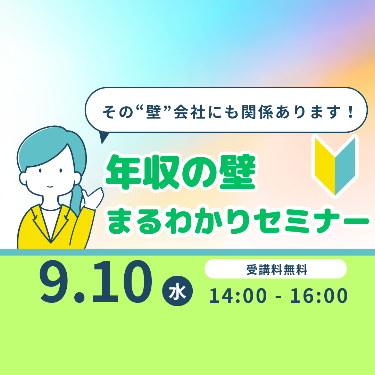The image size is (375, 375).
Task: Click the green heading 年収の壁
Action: point(180,172)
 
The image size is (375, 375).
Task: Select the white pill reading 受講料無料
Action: point(275,269)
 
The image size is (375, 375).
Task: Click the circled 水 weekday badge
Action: point(177,291)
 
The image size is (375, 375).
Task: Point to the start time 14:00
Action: point(238,296)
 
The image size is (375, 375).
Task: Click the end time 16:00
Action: point(319,296)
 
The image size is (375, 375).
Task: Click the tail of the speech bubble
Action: point(103,137)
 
